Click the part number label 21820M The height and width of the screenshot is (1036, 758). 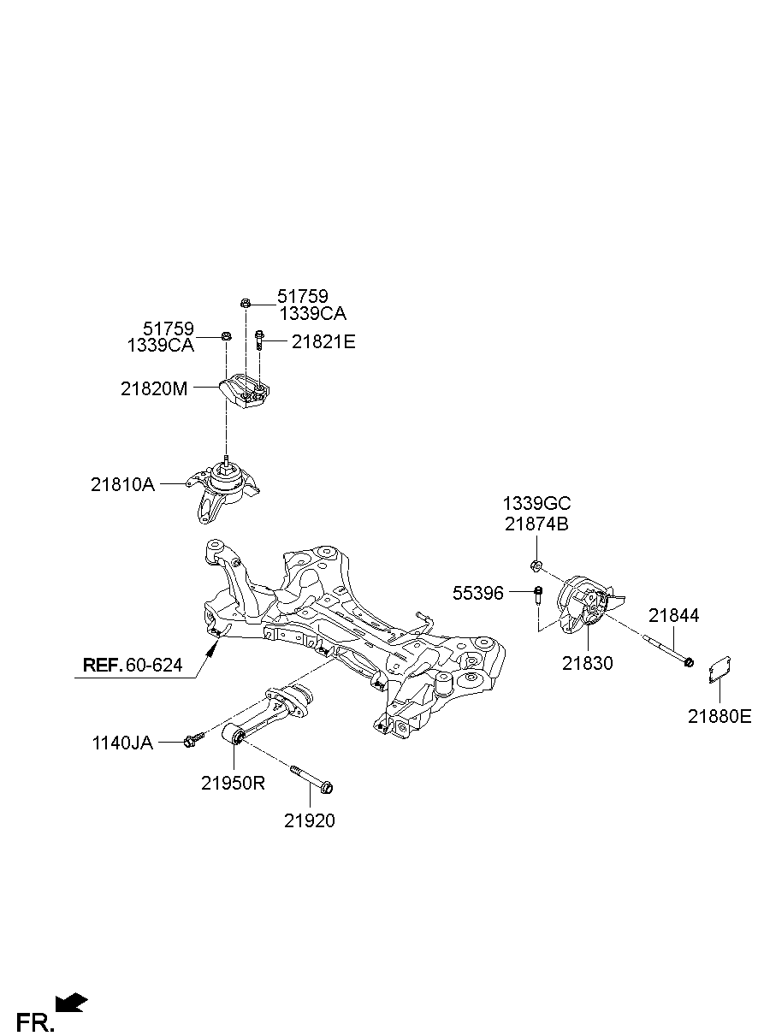tap(153, 388)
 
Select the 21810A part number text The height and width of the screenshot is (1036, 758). tap(122, 484)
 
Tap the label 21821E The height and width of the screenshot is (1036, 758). tap(323, 342)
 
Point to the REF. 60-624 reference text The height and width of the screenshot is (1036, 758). tap(133, 665)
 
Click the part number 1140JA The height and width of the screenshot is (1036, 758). tap(122, 743)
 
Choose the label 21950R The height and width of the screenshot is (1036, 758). tap(233, 783)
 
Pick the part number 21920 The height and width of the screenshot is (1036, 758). tap(310, 821)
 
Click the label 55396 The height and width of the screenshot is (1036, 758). tap(478, 593)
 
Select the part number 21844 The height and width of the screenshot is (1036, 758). tap(673, 615)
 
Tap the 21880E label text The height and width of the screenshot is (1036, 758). tap(720, 717)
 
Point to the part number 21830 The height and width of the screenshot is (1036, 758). tap(588, 663)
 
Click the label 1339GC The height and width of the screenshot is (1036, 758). tap(536, 503)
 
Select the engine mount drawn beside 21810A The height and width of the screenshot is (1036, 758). tap(226, 493)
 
